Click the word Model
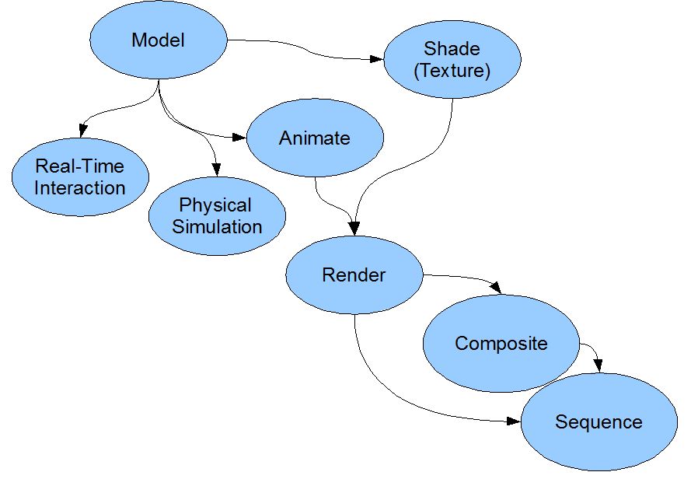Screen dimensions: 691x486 [158, 40]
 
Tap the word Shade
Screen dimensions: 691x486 [452, 48]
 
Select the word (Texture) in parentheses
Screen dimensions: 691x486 [452, 71]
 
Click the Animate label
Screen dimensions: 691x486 [315, 138]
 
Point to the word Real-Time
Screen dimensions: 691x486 [80, 166]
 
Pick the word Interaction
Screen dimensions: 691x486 [80, 188]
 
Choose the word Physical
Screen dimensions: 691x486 [215, 205]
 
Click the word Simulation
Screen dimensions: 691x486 [217, 227]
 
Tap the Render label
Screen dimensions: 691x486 [354, 274]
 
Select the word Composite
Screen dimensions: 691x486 [501, 343]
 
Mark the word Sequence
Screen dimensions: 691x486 [599, 422]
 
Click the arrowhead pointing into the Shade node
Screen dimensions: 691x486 [377, 59]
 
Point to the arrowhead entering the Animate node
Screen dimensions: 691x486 [239, 138]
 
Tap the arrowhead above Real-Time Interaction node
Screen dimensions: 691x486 [82, 131]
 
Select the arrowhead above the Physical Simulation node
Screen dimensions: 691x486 [216, 170]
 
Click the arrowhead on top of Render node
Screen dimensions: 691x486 [354, 229]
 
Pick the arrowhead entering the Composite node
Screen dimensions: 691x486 [496, 288]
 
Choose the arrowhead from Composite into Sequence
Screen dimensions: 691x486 [598, 365]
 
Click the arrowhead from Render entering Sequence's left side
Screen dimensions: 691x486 [514, 421]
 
